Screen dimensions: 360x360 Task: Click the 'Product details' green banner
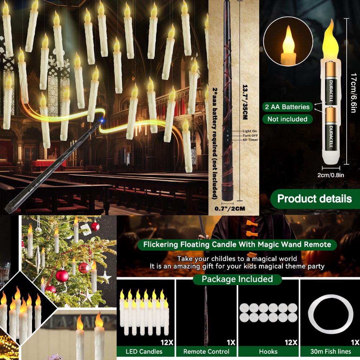tap(314, 198)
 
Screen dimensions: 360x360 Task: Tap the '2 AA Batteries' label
tap(286, 107)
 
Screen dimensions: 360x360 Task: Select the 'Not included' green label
tap(287, 119)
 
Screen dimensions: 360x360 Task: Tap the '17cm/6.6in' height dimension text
tap(354, 92)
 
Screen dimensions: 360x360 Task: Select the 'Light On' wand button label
tap(250, 131)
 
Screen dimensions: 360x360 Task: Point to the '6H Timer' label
tap(250, 140)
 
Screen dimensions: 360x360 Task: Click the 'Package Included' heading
tap(237, 279)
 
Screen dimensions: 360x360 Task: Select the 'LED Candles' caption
tap(144, 351)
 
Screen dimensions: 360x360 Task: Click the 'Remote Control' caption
tap(206, 351)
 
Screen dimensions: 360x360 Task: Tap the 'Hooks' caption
tap(268, 351)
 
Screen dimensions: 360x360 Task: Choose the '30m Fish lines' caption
tap(330, 351)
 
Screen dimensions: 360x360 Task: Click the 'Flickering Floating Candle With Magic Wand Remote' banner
tap(237, 245)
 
